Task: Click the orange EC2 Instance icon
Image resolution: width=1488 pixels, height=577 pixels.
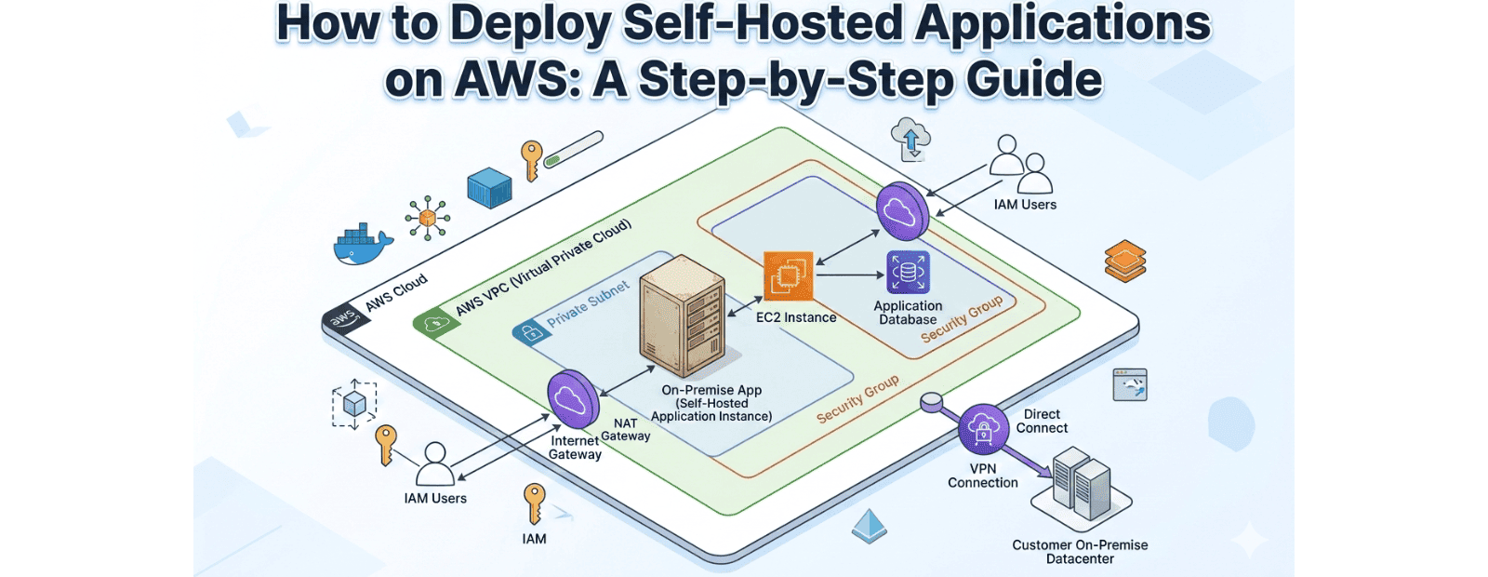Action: coord(788,275)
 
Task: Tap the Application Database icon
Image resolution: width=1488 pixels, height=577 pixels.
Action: coord(908,273)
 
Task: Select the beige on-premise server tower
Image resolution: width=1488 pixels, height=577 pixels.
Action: coord(682,316)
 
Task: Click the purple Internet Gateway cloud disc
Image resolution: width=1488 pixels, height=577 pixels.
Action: coord(572,398)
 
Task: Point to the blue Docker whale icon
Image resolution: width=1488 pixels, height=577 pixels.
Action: coord(363,245)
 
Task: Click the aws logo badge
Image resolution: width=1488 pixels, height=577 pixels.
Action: coord(342,319)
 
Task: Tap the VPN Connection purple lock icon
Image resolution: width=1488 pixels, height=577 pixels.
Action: coord(983,429)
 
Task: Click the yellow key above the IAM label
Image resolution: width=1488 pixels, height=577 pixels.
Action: coord(534,503)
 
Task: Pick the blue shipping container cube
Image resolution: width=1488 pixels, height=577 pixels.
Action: coord(489,187)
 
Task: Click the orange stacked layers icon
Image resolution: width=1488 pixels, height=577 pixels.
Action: coord(1124,261)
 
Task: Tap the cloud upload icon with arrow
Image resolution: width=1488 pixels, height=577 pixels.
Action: coord(910,139)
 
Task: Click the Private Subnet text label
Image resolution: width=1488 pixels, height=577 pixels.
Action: coord(588,303)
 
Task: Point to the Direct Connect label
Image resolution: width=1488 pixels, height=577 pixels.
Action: coord(1042,422)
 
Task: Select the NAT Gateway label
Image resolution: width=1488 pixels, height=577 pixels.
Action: coord(626,430)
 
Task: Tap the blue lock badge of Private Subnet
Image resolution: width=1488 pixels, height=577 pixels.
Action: coord(531,332)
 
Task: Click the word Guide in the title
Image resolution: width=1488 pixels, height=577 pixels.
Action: coord(1033,79)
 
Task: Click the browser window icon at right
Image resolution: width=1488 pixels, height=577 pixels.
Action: coord(1130,384)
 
